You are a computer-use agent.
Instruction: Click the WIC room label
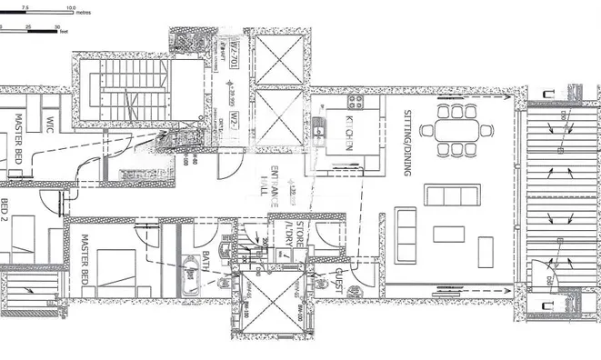(38, 124)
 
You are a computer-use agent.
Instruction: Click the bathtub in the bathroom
(191, 274)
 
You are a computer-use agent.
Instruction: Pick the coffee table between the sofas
(448, 234)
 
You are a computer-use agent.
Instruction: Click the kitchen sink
(321, 128)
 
